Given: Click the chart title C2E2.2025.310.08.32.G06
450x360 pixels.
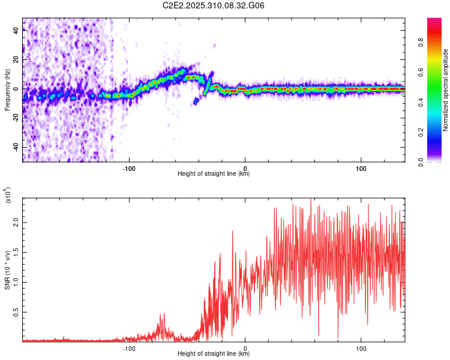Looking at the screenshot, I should coord(214,6).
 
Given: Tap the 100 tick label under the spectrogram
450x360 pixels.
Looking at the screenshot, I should coord(361,168).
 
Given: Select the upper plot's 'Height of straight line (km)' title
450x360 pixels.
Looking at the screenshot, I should coord(214,174).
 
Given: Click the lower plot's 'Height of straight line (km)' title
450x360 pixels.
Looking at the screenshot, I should coord(214,354).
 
